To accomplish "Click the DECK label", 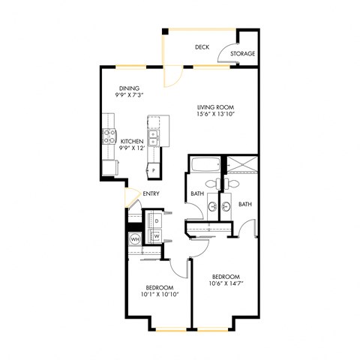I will click(x=201, y=46).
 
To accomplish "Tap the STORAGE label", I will click(x=243, y=54).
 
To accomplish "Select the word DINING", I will click(x=128, y=88).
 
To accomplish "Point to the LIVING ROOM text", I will click(x=212, y=107).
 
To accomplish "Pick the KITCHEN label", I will click(x=132, y=140).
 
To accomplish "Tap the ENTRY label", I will click(x=151, y=194).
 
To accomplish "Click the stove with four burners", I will click(x=107, y=136).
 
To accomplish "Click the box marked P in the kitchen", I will click(x=153, y=171).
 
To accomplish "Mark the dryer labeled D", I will click(x=157, y=222).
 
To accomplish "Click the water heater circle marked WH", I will click(x=135, y=239).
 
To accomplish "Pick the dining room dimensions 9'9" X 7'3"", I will click(x=128, y=96).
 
